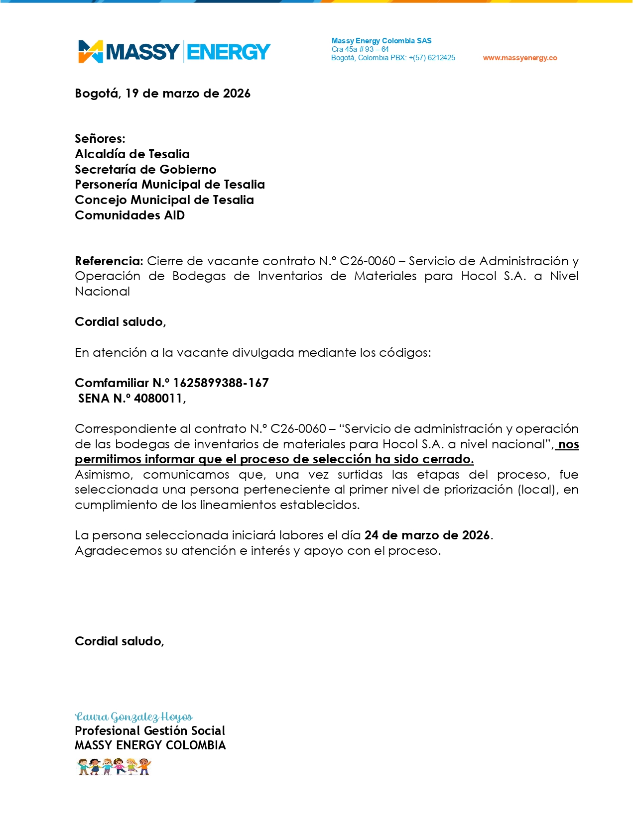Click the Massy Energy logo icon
click(90, 52)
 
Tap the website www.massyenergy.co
click(519, 58)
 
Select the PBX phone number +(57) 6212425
click(431, 58)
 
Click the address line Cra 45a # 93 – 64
click(360, 49)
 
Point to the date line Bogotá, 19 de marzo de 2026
click(162, 94)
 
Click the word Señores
click(100, 138)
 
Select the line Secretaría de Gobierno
click(145, 169)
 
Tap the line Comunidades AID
click(129, 215)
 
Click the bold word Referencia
click(109, 261)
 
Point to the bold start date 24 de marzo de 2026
click(427, 535)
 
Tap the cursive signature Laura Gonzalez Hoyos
click(133, 717)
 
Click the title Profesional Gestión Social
click(149, 731)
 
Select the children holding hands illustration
click(114, 767)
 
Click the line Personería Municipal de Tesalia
click(169, 185)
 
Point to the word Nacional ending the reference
click(102, 292)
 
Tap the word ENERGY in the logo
click(229, 52)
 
